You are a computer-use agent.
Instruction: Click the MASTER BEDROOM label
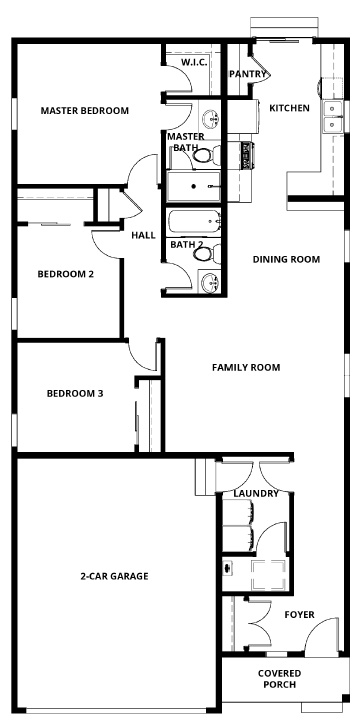click(x=84, y=111)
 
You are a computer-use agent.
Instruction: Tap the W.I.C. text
click(x=194, y=63)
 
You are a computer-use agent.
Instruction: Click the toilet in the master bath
click(x=204, y=154)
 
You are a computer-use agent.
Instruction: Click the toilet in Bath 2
click(x=205, y=253)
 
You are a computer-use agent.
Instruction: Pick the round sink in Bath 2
click(x=210, y=283)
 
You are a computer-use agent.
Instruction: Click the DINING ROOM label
click(x=286, y=259)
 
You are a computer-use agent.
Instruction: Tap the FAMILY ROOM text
click(x=246, y=367)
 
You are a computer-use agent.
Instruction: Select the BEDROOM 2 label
click(x=66, y=274)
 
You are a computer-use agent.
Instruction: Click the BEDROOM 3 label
click(x=75, y=393)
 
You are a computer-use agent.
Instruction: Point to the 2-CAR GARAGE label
click(x=115, y=576)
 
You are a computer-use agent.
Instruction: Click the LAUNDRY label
click(x=249, y=494)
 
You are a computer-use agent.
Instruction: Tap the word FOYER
click(x=299, y=615)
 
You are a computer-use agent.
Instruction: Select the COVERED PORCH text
click(x=279, y=679)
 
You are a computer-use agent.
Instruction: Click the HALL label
click(x=142, y=236)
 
